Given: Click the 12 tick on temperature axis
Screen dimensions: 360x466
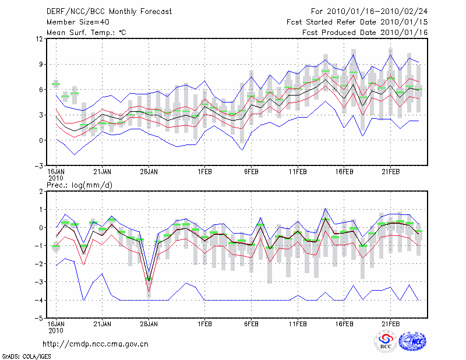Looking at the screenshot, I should pyautogui.click(x=39, y=39).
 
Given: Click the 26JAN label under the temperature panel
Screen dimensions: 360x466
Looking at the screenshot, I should pyautogui.click(x=149, y=172).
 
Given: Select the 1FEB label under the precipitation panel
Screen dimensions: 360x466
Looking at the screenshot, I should pyautogui.click(x=204, y=324).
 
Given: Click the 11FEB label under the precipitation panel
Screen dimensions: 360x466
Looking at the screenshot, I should pyautogui.click(x=298, y=324).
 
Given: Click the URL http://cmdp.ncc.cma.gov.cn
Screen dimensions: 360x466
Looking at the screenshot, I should pyautogui.click(x=96, y=344).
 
